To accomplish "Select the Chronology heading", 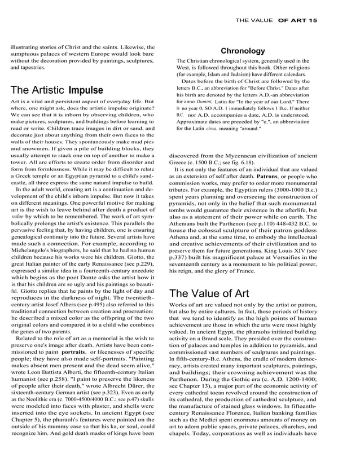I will click(x=243, y=51).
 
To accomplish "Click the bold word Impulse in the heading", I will click(x=86, y=90).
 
